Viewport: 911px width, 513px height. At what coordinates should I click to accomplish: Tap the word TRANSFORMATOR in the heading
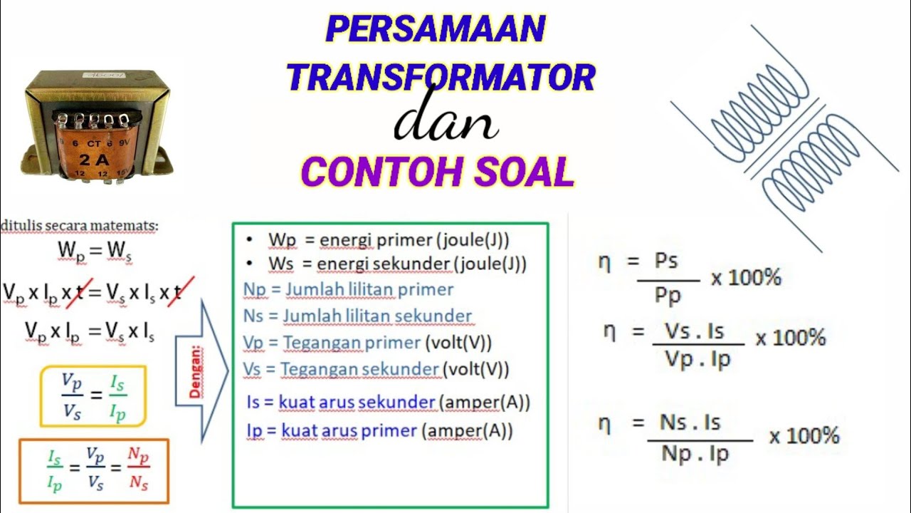pyautogui.click(x=441, y=76)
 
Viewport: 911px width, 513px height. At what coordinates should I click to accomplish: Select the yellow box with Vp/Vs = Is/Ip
pyautogui.click(x=93, y=396)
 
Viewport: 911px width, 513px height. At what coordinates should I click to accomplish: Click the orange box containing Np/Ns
pyautogui.click(x=93, y=471)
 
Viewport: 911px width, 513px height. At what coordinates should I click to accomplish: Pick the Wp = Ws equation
pyautogui.click(x=95, y=251)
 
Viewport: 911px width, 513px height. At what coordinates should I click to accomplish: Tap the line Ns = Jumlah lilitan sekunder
pyautogui.click(x=357, y=316)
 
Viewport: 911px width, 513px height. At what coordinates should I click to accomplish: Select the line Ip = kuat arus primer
pyautogui.click(x=379, y=431)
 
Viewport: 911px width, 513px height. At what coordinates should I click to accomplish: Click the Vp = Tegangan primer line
pyautogui.click(x=367, y=343)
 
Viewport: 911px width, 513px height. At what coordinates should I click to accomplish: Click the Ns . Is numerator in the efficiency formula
pyautogui.click(x=690, y=423)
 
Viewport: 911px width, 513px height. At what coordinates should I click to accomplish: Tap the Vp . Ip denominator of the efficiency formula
pyautogui.click(x=697, y=360)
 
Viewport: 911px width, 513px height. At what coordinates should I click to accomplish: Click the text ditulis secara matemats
pyautogui.click(x=80, y=226)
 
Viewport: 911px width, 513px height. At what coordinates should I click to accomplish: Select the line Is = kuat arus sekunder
pyautogui.click(x=388, y=403)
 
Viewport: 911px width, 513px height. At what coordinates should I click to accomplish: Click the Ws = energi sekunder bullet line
pyautogui.click(x=397, y=264)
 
